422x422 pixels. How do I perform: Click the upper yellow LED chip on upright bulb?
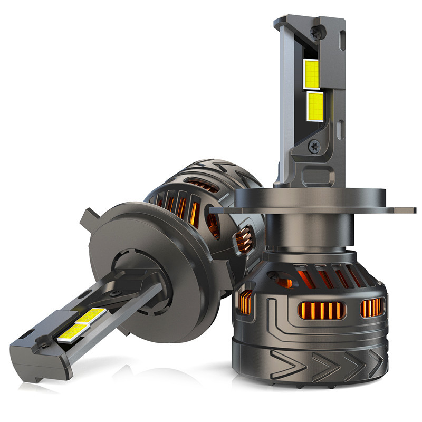click(312, 74)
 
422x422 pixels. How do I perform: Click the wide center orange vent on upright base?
click(321, 311)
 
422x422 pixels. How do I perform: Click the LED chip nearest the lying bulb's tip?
click(72, 331)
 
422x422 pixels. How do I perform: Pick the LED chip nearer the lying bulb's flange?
click(91, 315)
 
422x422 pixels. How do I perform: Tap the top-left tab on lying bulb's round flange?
click(88, 216)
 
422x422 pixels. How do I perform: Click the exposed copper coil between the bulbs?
click(244, 240)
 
